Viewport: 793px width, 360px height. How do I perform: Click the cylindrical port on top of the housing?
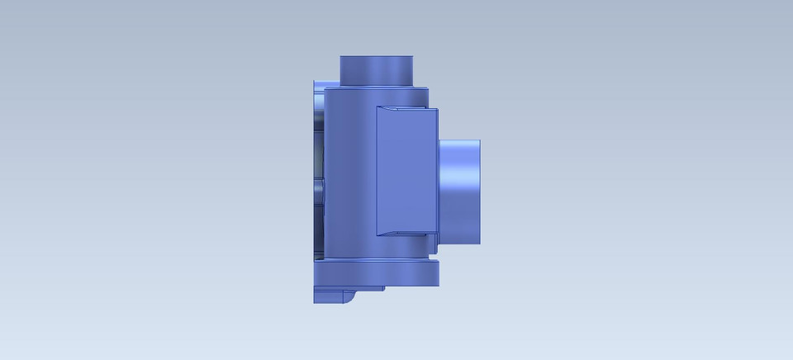tap(377, 70)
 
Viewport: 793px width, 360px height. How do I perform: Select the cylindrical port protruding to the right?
tap(459, 190)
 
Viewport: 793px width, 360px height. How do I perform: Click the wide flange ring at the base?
tap(376, 273)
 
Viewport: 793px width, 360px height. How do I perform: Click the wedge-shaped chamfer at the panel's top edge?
tap(405, 110)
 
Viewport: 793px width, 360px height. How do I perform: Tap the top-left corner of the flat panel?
tap(378, 107)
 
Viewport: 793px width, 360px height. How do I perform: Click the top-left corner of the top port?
tap(340, 57)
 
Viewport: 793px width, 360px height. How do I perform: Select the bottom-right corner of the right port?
tap(481, 241)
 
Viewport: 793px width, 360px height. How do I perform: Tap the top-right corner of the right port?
tap(481, 140)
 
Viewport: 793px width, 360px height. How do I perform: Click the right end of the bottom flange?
tap(437, 274)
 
